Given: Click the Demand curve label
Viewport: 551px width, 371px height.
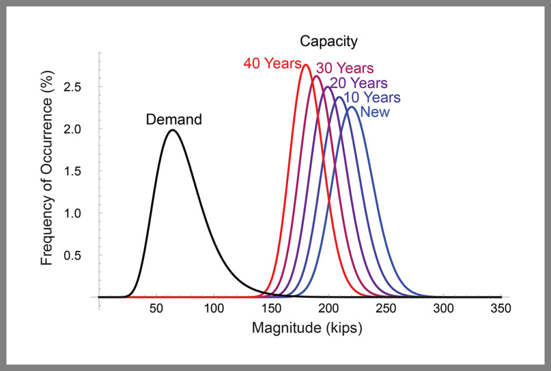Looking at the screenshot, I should point(174,119).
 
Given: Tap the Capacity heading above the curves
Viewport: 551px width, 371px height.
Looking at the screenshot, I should point(328,41).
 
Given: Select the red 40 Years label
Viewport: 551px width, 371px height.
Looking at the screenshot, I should point(272,63).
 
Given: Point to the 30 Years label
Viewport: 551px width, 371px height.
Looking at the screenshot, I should point(344,68).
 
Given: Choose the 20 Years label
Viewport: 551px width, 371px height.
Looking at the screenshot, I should point(358,83).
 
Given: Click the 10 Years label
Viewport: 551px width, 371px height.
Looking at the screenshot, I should point(372,98).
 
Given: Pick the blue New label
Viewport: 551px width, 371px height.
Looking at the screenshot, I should point(375,112).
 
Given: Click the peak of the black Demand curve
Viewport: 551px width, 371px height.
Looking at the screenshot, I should point(172,130).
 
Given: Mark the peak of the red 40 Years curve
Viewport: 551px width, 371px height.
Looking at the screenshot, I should point(306,65).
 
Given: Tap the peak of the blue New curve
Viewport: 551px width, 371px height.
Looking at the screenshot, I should point(351,106).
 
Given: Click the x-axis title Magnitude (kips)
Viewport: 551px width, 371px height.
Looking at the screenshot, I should point(307,328).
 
